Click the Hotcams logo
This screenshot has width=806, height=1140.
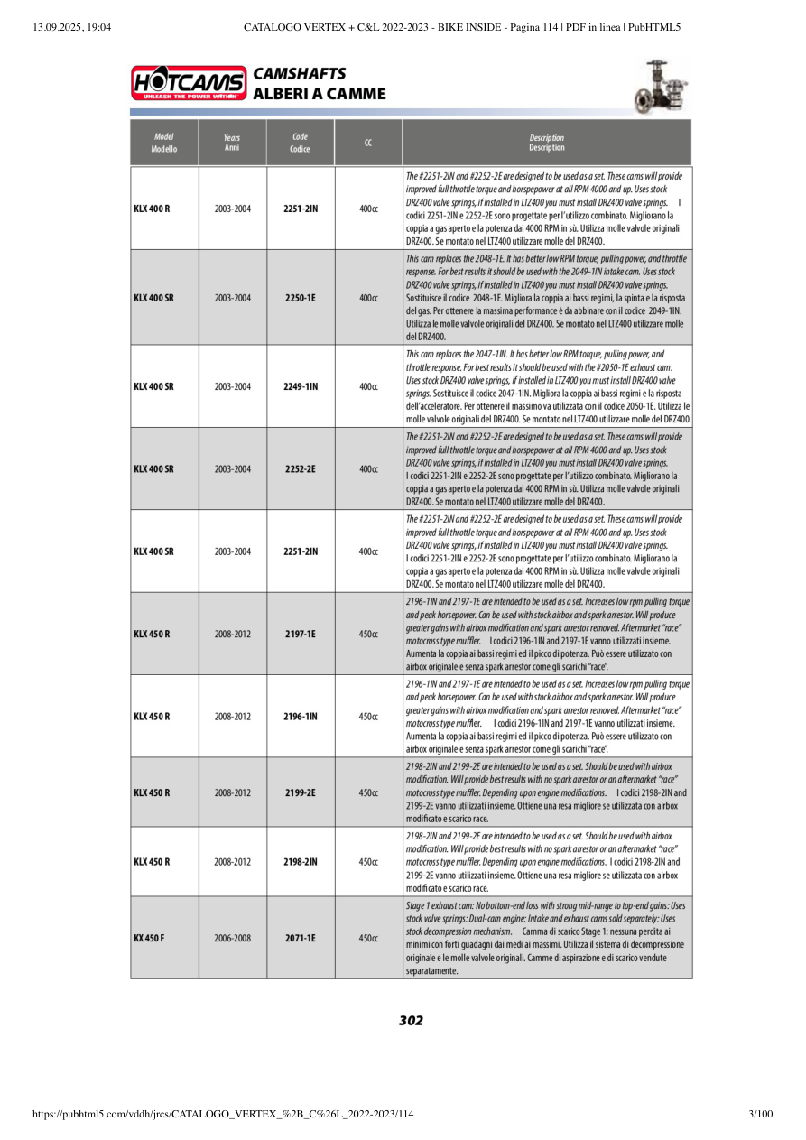coord(189,83)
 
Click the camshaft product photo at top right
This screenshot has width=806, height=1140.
coord(662,86)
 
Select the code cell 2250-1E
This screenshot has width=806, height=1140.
coord(300,297)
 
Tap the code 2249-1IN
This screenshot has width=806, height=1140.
coord(300,386)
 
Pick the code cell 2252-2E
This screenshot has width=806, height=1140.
coord(300,469)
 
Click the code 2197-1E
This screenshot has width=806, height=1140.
coord(300,634)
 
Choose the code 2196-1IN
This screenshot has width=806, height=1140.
coord(300,717)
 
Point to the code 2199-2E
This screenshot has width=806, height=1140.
coord(300,792)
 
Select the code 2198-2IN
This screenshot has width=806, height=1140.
coord(300,862)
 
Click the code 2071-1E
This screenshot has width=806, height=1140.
coord(300,938)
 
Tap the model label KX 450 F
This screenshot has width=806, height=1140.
coord(150,938)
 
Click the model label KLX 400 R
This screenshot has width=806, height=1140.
coord(152,209)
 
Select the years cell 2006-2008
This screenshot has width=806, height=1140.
coord(233,938)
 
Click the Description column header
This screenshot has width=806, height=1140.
coord(547,143)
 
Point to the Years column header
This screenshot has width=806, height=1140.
coord(232,143)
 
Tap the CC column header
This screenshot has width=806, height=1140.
coord(368,143)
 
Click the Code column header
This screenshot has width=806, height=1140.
coord(300,143)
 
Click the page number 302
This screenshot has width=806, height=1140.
coord(411,1021)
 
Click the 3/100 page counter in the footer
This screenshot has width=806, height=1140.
coord(761,1114)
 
